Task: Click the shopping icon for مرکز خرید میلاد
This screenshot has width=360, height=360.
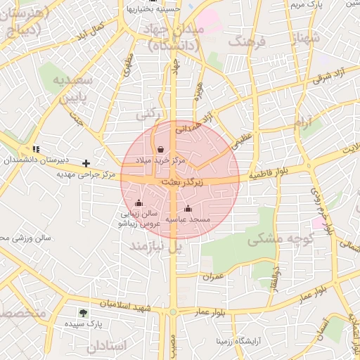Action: click(x=162, y=149)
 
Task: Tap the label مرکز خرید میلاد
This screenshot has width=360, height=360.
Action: click(x=162, y=161)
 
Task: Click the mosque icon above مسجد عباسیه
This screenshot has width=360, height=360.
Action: click(x=188, y=208)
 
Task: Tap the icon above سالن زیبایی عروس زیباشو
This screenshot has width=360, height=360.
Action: click(x=139, y=202)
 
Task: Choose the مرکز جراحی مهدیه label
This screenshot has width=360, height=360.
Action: click(x=86, y=173)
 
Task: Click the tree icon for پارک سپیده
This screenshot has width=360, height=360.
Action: click(x=84, y=314)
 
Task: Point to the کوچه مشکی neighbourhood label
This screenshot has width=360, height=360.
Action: click(x=275, y=238)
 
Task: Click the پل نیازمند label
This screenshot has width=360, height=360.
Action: click(x=155, y=246)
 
